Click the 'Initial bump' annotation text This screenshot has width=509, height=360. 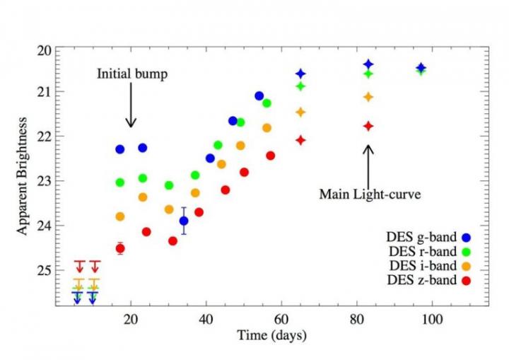[x=131, y=74]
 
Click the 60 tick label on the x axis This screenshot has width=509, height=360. [x=281, y=319]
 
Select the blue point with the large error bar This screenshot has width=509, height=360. [x=184, y=221]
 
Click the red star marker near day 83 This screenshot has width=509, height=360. [x=368, y=126]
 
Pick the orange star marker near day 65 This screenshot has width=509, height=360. [x=300, y=112]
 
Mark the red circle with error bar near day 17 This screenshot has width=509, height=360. [x=120, y=248]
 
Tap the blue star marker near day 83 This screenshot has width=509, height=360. [x=368, y=64]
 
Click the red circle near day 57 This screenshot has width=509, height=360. [x=270, y=156]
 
